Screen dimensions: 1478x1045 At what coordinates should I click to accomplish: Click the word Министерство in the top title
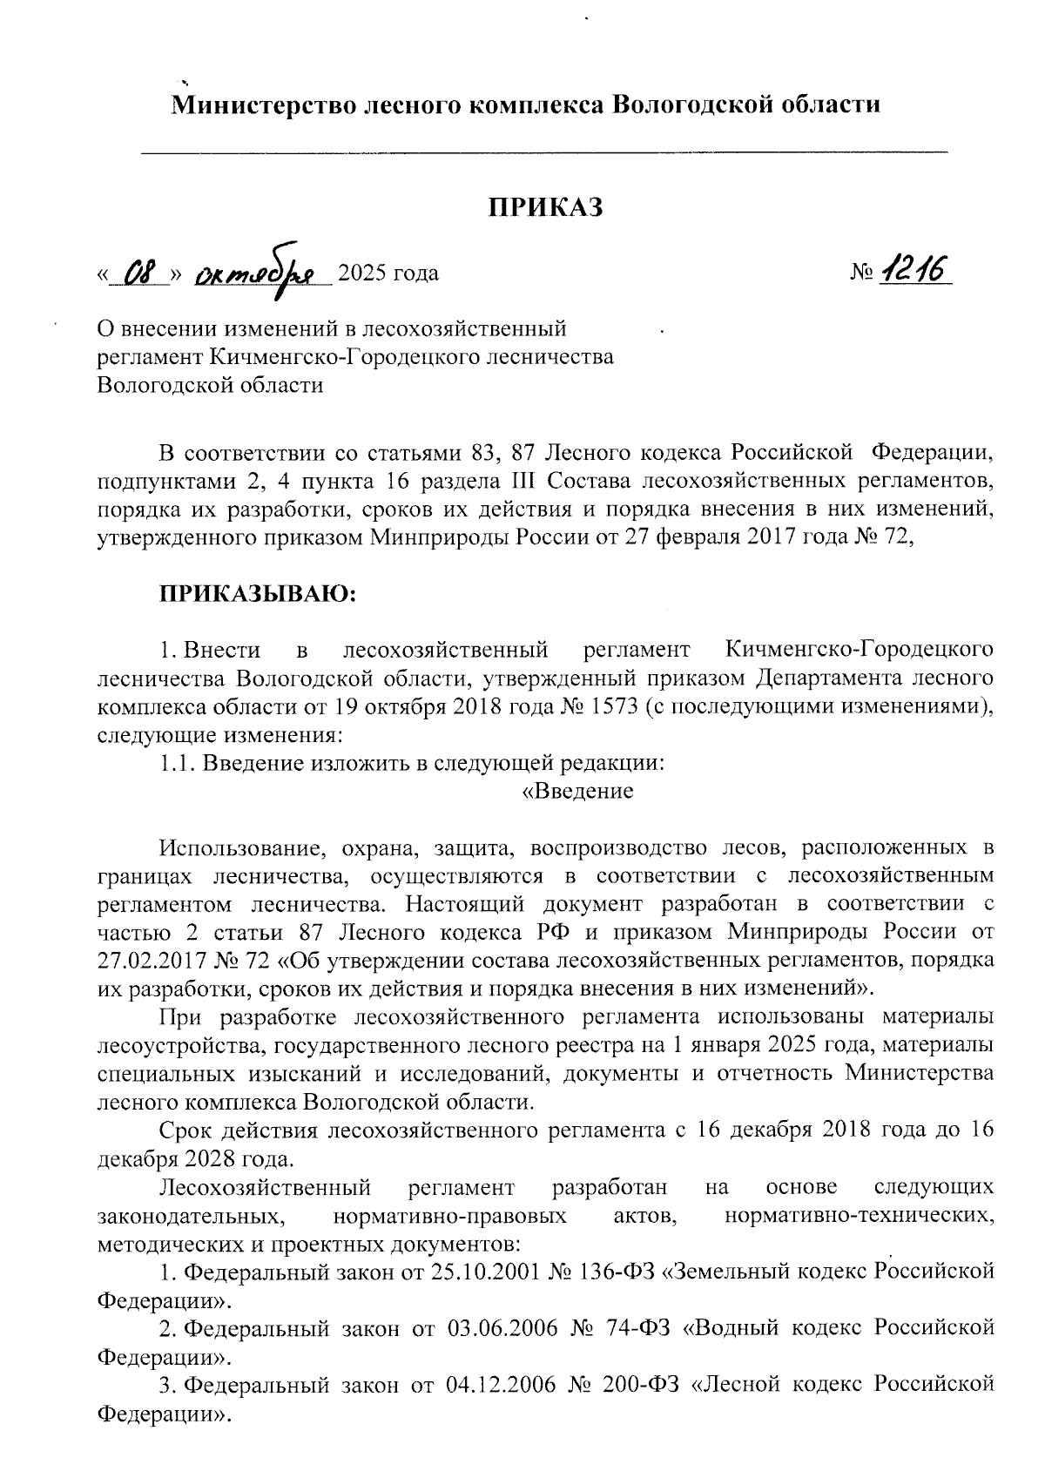point(260,105)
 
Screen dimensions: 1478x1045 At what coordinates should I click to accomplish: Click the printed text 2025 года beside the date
point(388,274)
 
